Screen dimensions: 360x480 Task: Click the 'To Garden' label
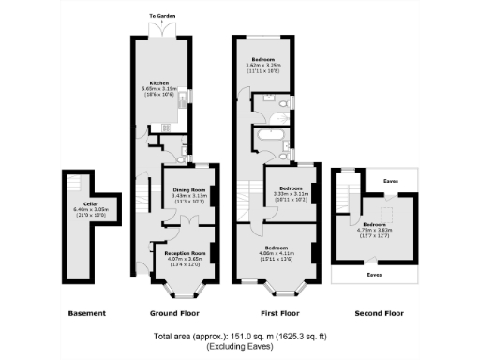coord(164,16)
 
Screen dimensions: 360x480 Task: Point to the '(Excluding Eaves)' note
coord(240,347)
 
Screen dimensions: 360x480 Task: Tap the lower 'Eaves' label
coord(374,275)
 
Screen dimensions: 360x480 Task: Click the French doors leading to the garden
coord(164,30)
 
